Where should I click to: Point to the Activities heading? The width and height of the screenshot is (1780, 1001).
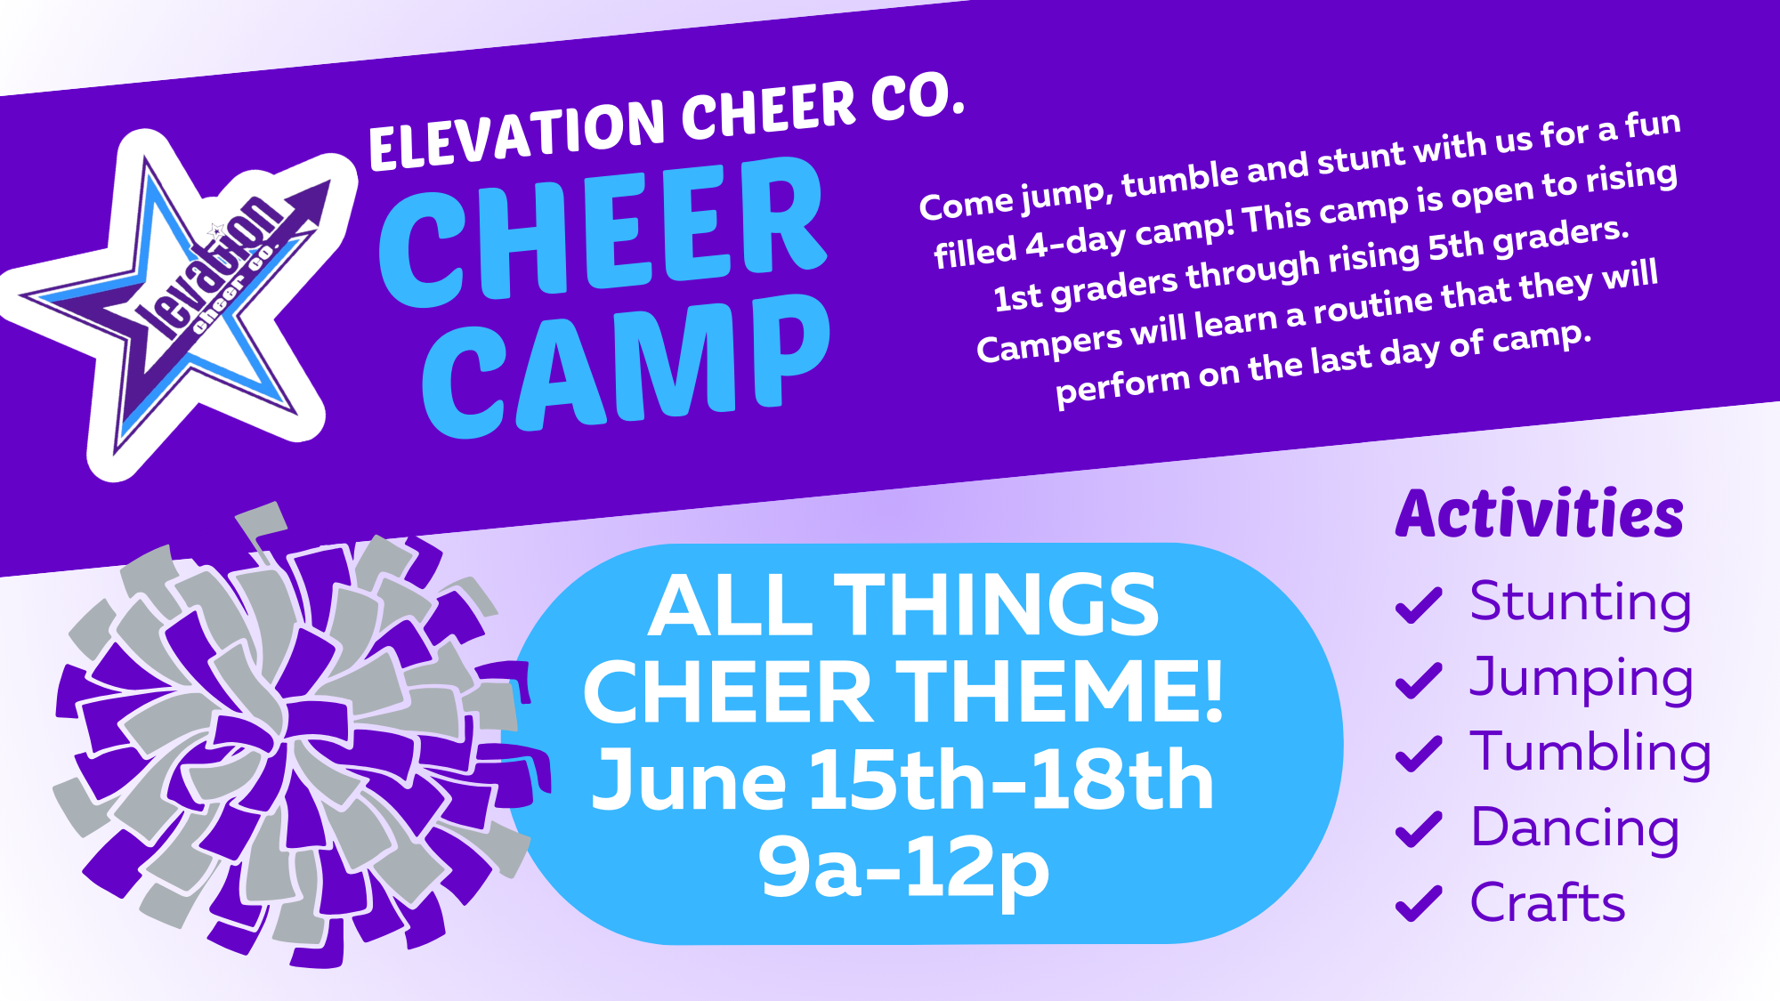click(1540, 513)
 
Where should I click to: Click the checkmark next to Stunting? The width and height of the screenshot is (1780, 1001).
click(1419, 605)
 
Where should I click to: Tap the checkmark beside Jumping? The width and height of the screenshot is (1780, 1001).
click(1419, 681)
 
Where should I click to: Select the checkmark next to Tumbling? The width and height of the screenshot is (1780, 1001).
click(1419, 755)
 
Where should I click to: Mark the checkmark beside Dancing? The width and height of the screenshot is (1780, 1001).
click(1419, 829)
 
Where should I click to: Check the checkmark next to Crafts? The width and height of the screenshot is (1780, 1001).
click(1419, 904)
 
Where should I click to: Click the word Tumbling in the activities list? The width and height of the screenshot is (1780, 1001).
click(1590, 753)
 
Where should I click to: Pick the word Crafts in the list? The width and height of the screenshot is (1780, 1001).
click(1548, 902)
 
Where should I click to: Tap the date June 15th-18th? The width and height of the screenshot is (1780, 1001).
click(903, 780)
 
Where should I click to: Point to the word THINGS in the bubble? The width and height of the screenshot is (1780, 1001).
click(996, 605)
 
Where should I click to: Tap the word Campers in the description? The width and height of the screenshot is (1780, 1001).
click(1050, 344)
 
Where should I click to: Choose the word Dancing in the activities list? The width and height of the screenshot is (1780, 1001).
click(1575, 829)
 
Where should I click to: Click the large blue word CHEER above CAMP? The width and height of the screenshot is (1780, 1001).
click(603, 233)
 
